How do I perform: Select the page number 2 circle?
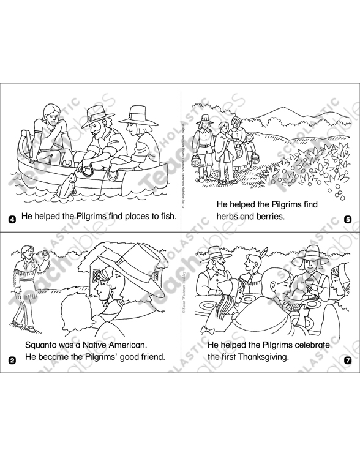coord(12,360)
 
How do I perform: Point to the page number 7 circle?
coord(348,360)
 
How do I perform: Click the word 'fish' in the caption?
coord(165,216)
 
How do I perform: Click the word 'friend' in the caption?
coord(151,357)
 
